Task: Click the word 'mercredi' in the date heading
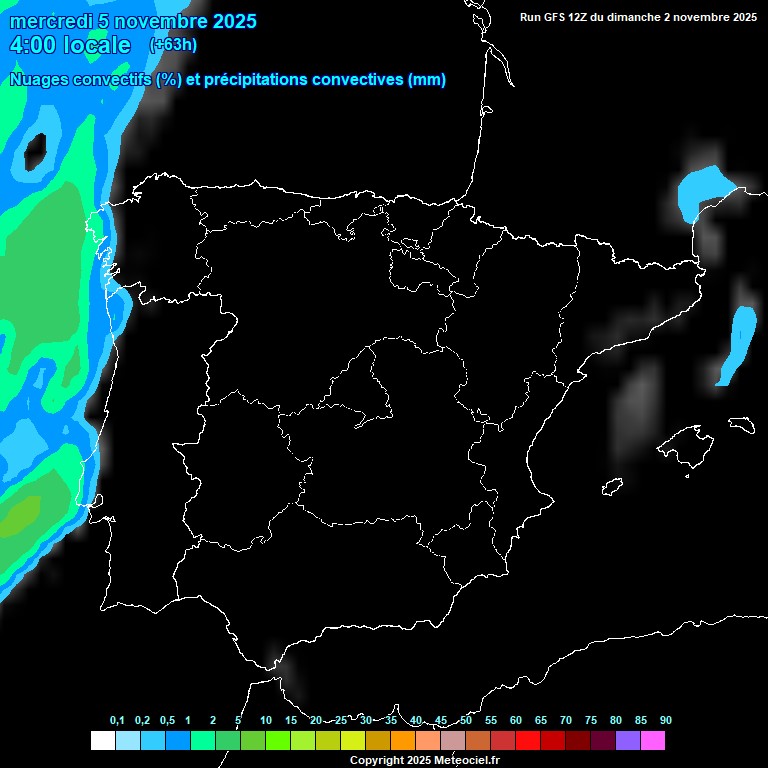pos(50,21)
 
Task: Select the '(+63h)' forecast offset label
pos(173,44)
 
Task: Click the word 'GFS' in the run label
pos(558,17)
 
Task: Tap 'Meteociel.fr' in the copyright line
pos(466,761)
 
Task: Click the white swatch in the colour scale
pos(102,741)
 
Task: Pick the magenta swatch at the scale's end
pos(653,741)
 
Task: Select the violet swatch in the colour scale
pos(628,741)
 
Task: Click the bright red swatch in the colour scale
pos(528,741)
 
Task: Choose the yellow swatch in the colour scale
pos(353,741)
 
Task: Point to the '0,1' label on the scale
pos(117,721)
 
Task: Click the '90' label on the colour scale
pos(665,721)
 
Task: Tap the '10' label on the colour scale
pos(265,721)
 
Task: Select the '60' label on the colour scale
pos(515,721)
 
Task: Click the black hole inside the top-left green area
pos(35,151)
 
